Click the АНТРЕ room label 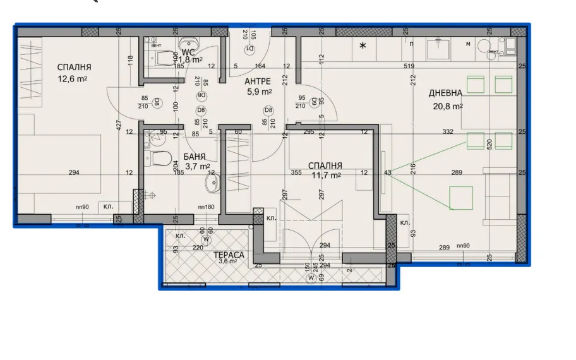258,81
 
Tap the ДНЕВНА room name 446,93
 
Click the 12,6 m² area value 72,79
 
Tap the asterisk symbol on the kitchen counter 363,45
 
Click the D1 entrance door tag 249,49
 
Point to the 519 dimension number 409,66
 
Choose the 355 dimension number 296,172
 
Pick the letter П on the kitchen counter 411,44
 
